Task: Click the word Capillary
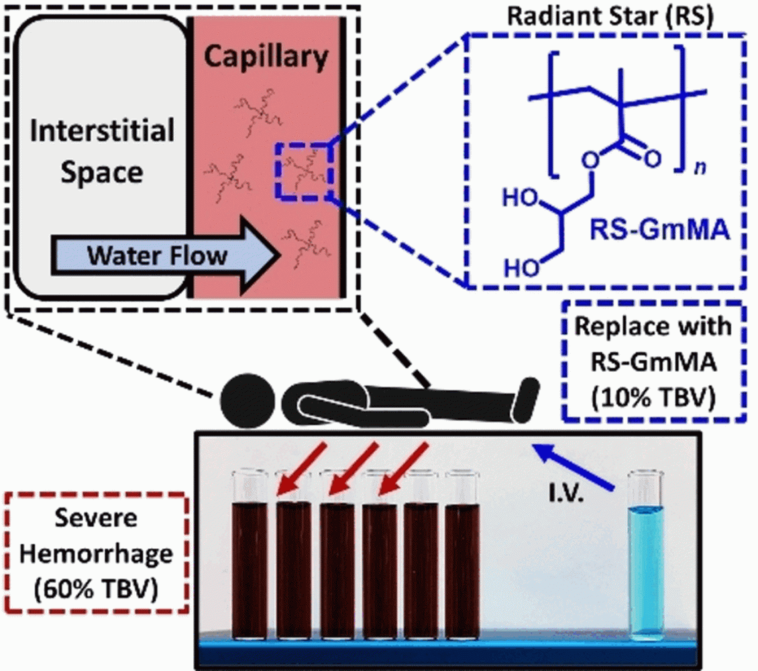(x=266, y=59)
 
